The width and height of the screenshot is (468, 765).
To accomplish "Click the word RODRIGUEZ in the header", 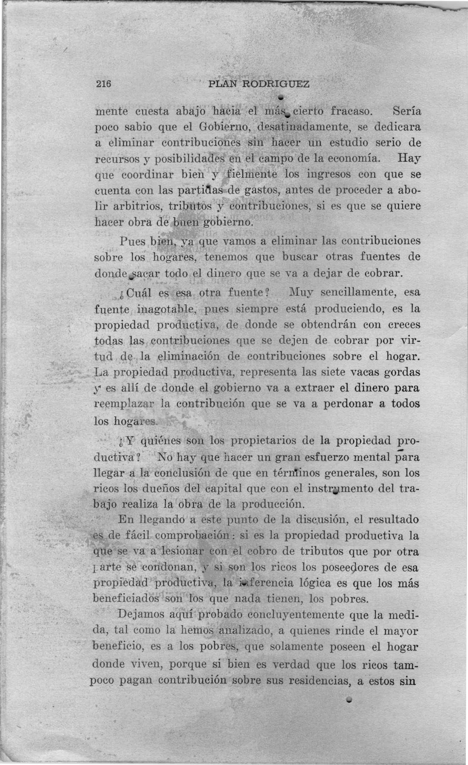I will pyautogui.click(x=276, y=84).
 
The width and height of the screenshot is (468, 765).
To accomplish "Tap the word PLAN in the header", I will pyautogui.click(x=223, y=84).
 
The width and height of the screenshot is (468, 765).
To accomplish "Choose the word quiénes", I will pyautogui.click(x=160, y=441).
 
